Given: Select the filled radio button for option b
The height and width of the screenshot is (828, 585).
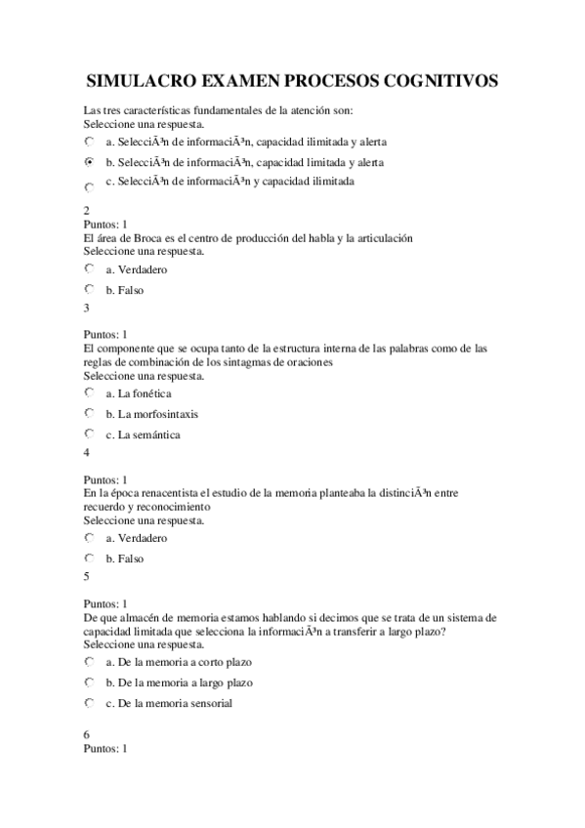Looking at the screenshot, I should point(90,161).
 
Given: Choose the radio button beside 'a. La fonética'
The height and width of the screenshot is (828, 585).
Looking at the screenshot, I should point(90,393).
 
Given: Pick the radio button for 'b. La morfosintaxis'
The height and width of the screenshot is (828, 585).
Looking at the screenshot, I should point(90,413).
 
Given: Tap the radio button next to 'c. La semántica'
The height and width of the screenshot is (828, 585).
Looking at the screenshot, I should point(90,434).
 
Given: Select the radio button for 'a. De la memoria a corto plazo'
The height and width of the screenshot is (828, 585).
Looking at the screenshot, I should point(90,661).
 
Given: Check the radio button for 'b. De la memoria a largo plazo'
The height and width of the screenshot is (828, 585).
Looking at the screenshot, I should point(90,682).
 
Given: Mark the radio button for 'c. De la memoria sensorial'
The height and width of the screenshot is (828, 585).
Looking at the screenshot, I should point(90,702).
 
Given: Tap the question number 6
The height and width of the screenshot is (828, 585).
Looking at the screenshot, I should point(87,734).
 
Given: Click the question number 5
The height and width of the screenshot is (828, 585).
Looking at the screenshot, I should point(87,576).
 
